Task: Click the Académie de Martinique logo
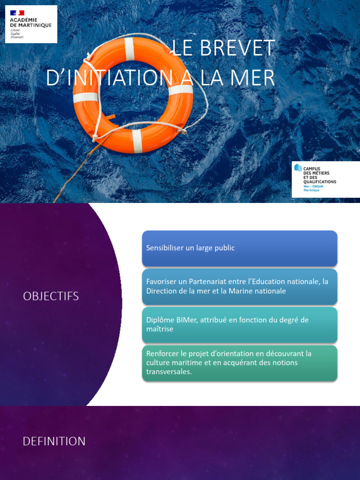(31, 24)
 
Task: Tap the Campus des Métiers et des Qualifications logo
(325, 180)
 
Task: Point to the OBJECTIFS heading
(51, 296)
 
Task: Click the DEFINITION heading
(54, 441)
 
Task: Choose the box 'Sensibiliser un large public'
(240, 248)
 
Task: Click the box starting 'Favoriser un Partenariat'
(240, 286)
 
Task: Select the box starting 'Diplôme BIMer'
(240, 324)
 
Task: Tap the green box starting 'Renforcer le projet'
(240, 363)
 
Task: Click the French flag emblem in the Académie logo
(17, 13)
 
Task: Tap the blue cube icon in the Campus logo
(298, 168)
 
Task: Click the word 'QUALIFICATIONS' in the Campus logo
(320, 181)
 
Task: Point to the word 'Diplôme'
(159, 320)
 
